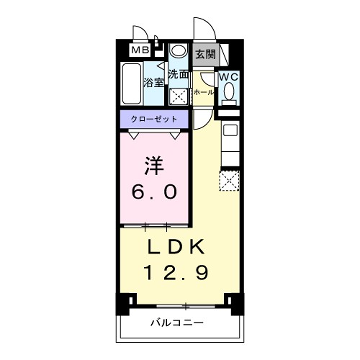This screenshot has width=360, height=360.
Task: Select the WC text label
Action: click(228, 76)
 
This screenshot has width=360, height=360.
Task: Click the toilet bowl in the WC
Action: click(229, 94)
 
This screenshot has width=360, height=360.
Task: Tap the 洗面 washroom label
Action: click(179, 74)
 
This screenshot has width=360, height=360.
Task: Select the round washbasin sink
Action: click(178, 53)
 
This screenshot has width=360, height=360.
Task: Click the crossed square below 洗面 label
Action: click(178, 97)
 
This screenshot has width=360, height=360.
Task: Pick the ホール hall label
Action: click(204, 91)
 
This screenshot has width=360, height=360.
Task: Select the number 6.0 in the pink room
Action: click(154, 190)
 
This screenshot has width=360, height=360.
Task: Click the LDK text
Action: click(180, 246)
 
